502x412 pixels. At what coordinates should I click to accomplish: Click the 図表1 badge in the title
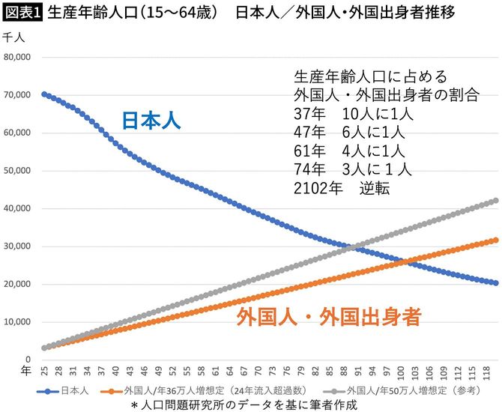tap(22, 13)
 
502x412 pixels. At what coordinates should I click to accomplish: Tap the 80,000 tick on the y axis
tap(17, 57)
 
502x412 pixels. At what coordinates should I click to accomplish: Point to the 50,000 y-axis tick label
tap(17, 171)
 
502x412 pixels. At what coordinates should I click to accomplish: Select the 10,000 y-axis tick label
tap(17, 322)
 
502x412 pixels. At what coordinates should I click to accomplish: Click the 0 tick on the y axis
tap(28, 360)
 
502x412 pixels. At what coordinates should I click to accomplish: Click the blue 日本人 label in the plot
tap(152, 121)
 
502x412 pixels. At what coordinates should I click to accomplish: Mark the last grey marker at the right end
tap(495, 201)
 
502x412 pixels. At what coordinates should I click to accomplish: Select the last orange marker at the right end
tap(495, 240)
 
